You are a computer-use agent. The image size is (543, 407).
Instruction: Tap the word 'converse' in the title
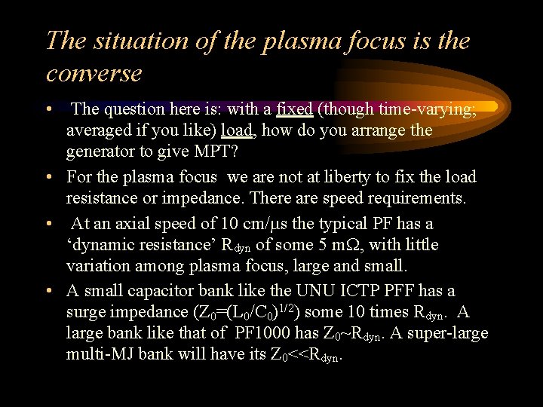[x=94, y=73]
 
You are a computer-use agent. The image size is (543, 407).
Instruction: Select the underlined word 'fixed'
[x=295, y=109]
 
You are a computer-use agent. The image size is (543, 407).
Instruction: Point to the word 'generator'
[x=102, y=151]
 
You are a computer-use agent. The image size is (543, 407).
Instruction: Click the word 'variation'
[x=97, y=266]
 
